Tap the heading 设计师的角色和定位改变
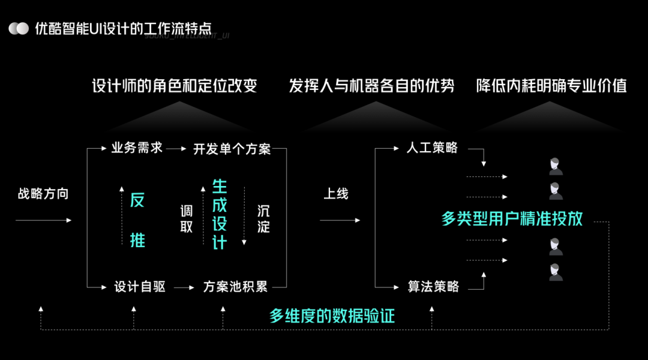click(174, 86)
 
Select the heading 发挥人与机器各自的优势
click(371, 86)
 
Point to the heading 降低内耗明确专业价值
click(551, 86)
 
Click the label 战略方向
click(43, 194)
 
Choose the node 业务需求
click(137, 148)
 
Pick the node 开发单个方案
click(232, 149)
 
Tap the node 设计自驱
click(140, 287)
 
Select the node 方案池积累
click(235, 287)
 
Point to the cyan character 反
click(137, 200)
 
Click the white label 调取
click(187, 219)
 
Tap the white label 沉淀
click(263, 219)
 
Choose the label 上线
click(336, 194)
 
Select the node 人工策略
click(432, 148)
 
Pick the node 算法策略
click(433, 287)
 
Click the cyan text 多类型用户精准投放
click(512, 218)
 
